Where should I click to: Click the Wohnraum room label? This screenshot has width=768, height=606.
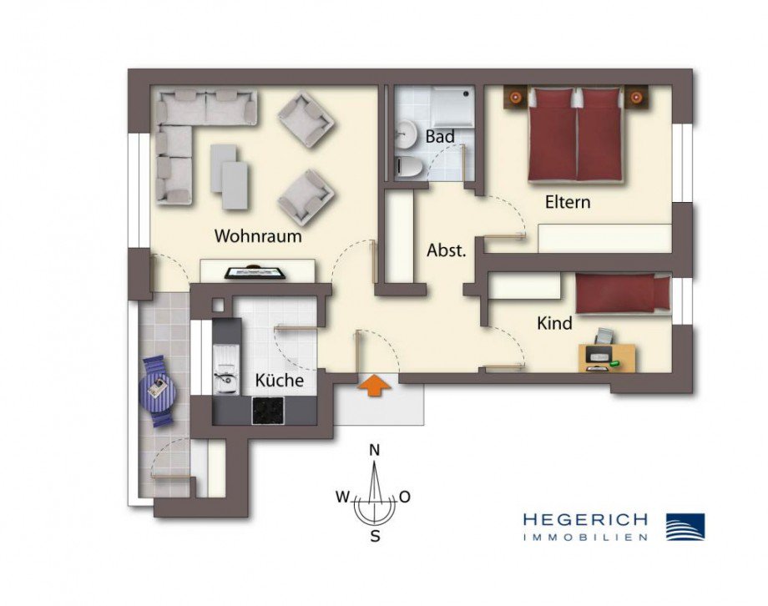(x=258, y=236)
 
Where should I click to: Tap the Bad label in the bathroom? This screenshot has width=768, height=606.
(x=440, y=137)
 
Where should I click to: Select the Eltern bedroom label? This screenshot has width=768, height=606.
(x=568, y=202)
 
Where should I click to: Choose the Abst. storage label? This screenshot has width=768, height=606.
(x=446, y=250)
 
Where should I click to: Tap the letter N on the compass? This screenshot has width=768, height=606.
(x=375, y=451)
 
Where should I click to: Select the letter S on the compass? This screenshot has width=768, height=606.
(x=375, y=537)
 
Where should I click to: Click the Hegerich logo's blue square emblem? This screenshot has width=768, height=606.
(x=685, y=527)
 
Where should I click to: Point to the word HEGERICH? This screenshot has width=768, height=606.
(x=585, y=520)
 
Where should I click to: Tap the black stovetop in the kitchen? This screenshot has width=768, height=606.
(x=268, y=409)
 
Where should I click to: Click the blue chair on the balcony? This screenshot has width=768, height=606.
(x=159, y=389)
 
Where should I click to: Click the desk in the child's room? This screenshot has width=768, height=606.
(x=607, y=357)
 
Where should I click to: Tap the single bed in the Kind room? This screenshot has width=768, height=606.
(x=623, y=295)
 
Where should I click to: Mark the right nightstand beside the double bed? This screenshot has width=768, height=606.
(x=637, y=98)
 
